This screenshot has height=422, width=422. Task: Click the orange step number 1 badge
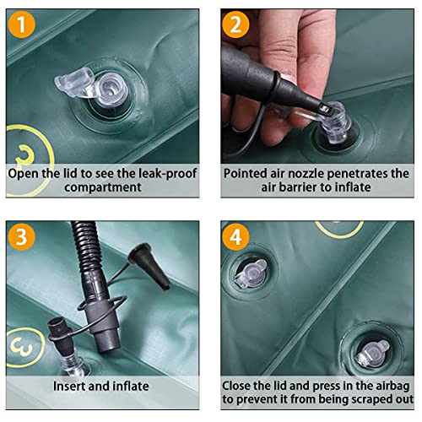tap(22, 24)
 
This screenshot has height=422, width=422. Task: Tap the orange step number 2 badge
tap(235, 24)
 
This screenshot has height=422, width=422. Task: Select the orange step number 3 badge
tap(22, 236)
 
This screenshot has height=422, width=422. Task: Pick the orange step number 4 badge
tap(235, 236)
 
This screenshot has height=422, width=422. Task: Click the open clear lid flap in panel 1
tap(73, 82)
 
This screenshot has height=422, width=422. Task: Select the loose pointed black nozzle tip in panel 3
tap(150, 265)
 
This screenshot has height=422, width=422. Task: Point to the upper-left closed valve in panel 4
tap(251, 273)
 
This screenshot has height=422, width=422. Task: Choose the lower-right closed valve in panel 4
tap(372, 354)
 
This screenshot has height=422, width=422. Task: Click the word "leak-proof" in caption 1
tap(169, 174)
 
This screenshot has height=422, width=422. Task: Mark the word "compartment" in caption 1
tap(103, 187)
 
